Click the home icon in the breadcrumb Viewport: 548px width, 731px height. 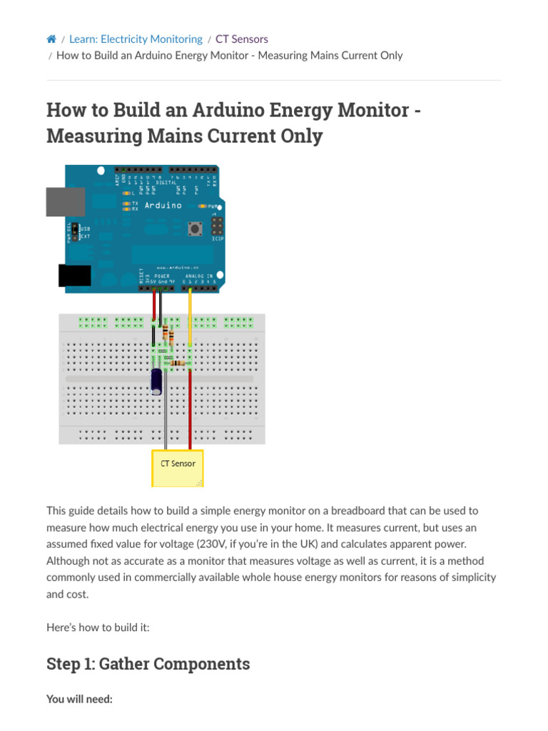51,39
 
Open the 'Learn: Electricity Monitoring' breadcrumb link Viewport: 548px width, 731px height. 136,39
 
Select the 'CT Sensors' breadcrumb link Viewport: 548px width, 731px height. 242,39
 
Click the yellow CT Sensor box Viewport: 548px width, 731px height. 178,468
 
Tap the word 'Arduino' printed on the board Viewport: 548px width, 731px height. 163,206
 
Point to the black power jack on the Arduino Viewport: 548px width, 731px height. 74,276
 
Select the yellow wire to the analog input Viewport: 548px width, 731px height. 190,314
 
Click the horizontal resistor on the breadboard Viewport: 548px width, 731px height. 178,364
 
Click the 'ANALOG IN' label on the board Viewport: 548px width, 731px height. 199,276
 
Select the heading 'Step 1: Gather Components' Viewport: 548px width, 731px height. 148,664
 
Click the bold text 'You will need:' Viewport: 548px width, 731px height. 79,699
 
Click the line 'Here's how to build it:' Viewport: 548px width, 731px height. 98,627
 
